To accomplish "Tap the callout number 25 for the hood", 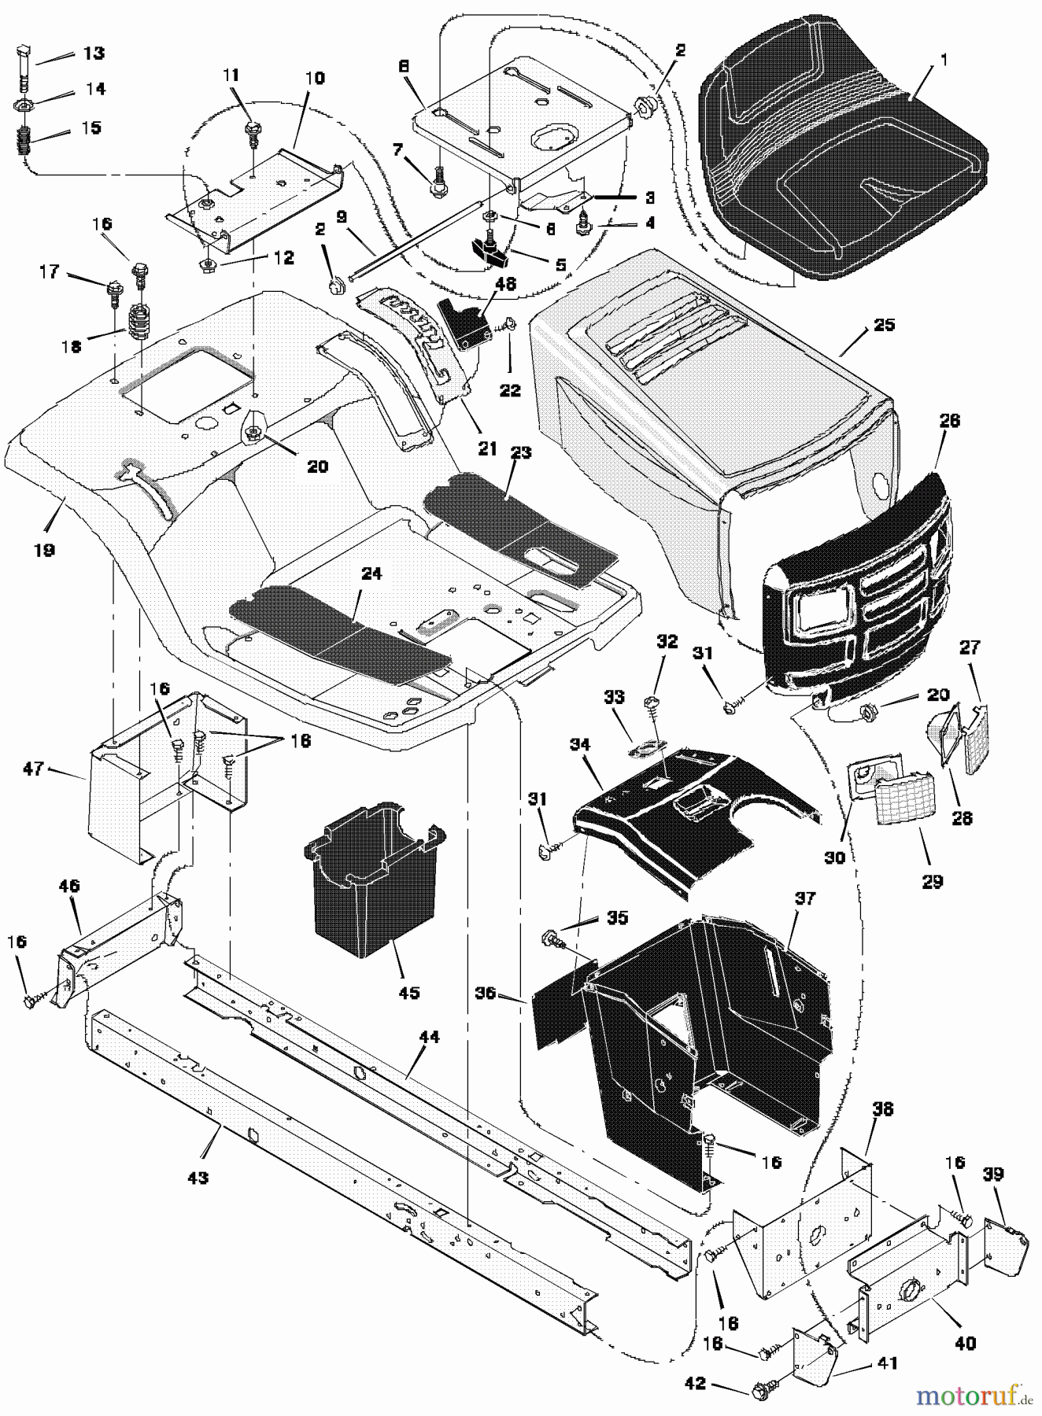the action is click(x=885, y=324).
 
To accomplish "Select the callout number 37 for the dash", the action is click(x=805, y=898).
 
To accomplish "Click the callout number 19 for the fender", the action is click(x=44, y=550).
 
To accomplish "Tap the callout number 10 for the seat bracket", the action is click(x=315, y=79).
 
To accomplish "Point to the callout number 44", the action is click(x=429, y=1038).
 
